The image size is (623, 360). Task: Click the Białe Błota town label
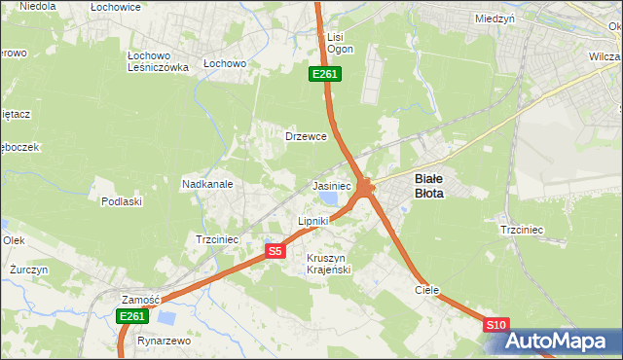(x=429, y=185)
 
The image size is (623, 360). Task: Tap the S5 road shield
(x=275, y=251)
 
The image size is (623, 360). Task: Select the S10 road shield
(x=496, y=325)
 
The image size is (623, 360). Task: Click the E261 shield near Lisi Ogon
(x=325, y=74)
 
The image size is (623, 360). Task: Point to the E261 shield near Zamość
(x=131, y=316)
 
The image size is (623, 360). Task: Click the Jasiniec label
(x=331, y=185)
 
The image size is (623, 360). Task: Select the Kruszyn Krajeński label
(x=327, y=263)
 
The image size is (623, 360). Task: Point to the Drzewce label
(x=305, y=136)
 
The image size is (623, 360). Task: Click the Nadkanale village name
(x=206, y=183)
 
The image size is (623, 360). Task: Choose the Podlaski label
(x=122, y=201)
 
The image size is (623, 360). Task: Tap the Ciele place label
(x=426, y=290)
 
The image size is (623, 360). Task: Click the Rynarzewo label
(x=163, y=342)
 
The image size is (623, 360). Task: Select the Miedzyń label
(x=495, y=18)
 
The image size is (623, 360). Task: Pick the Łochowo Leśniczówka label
(x=158, y=60)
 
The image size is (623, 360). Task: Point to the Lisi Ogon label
(x=340, y=43)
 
